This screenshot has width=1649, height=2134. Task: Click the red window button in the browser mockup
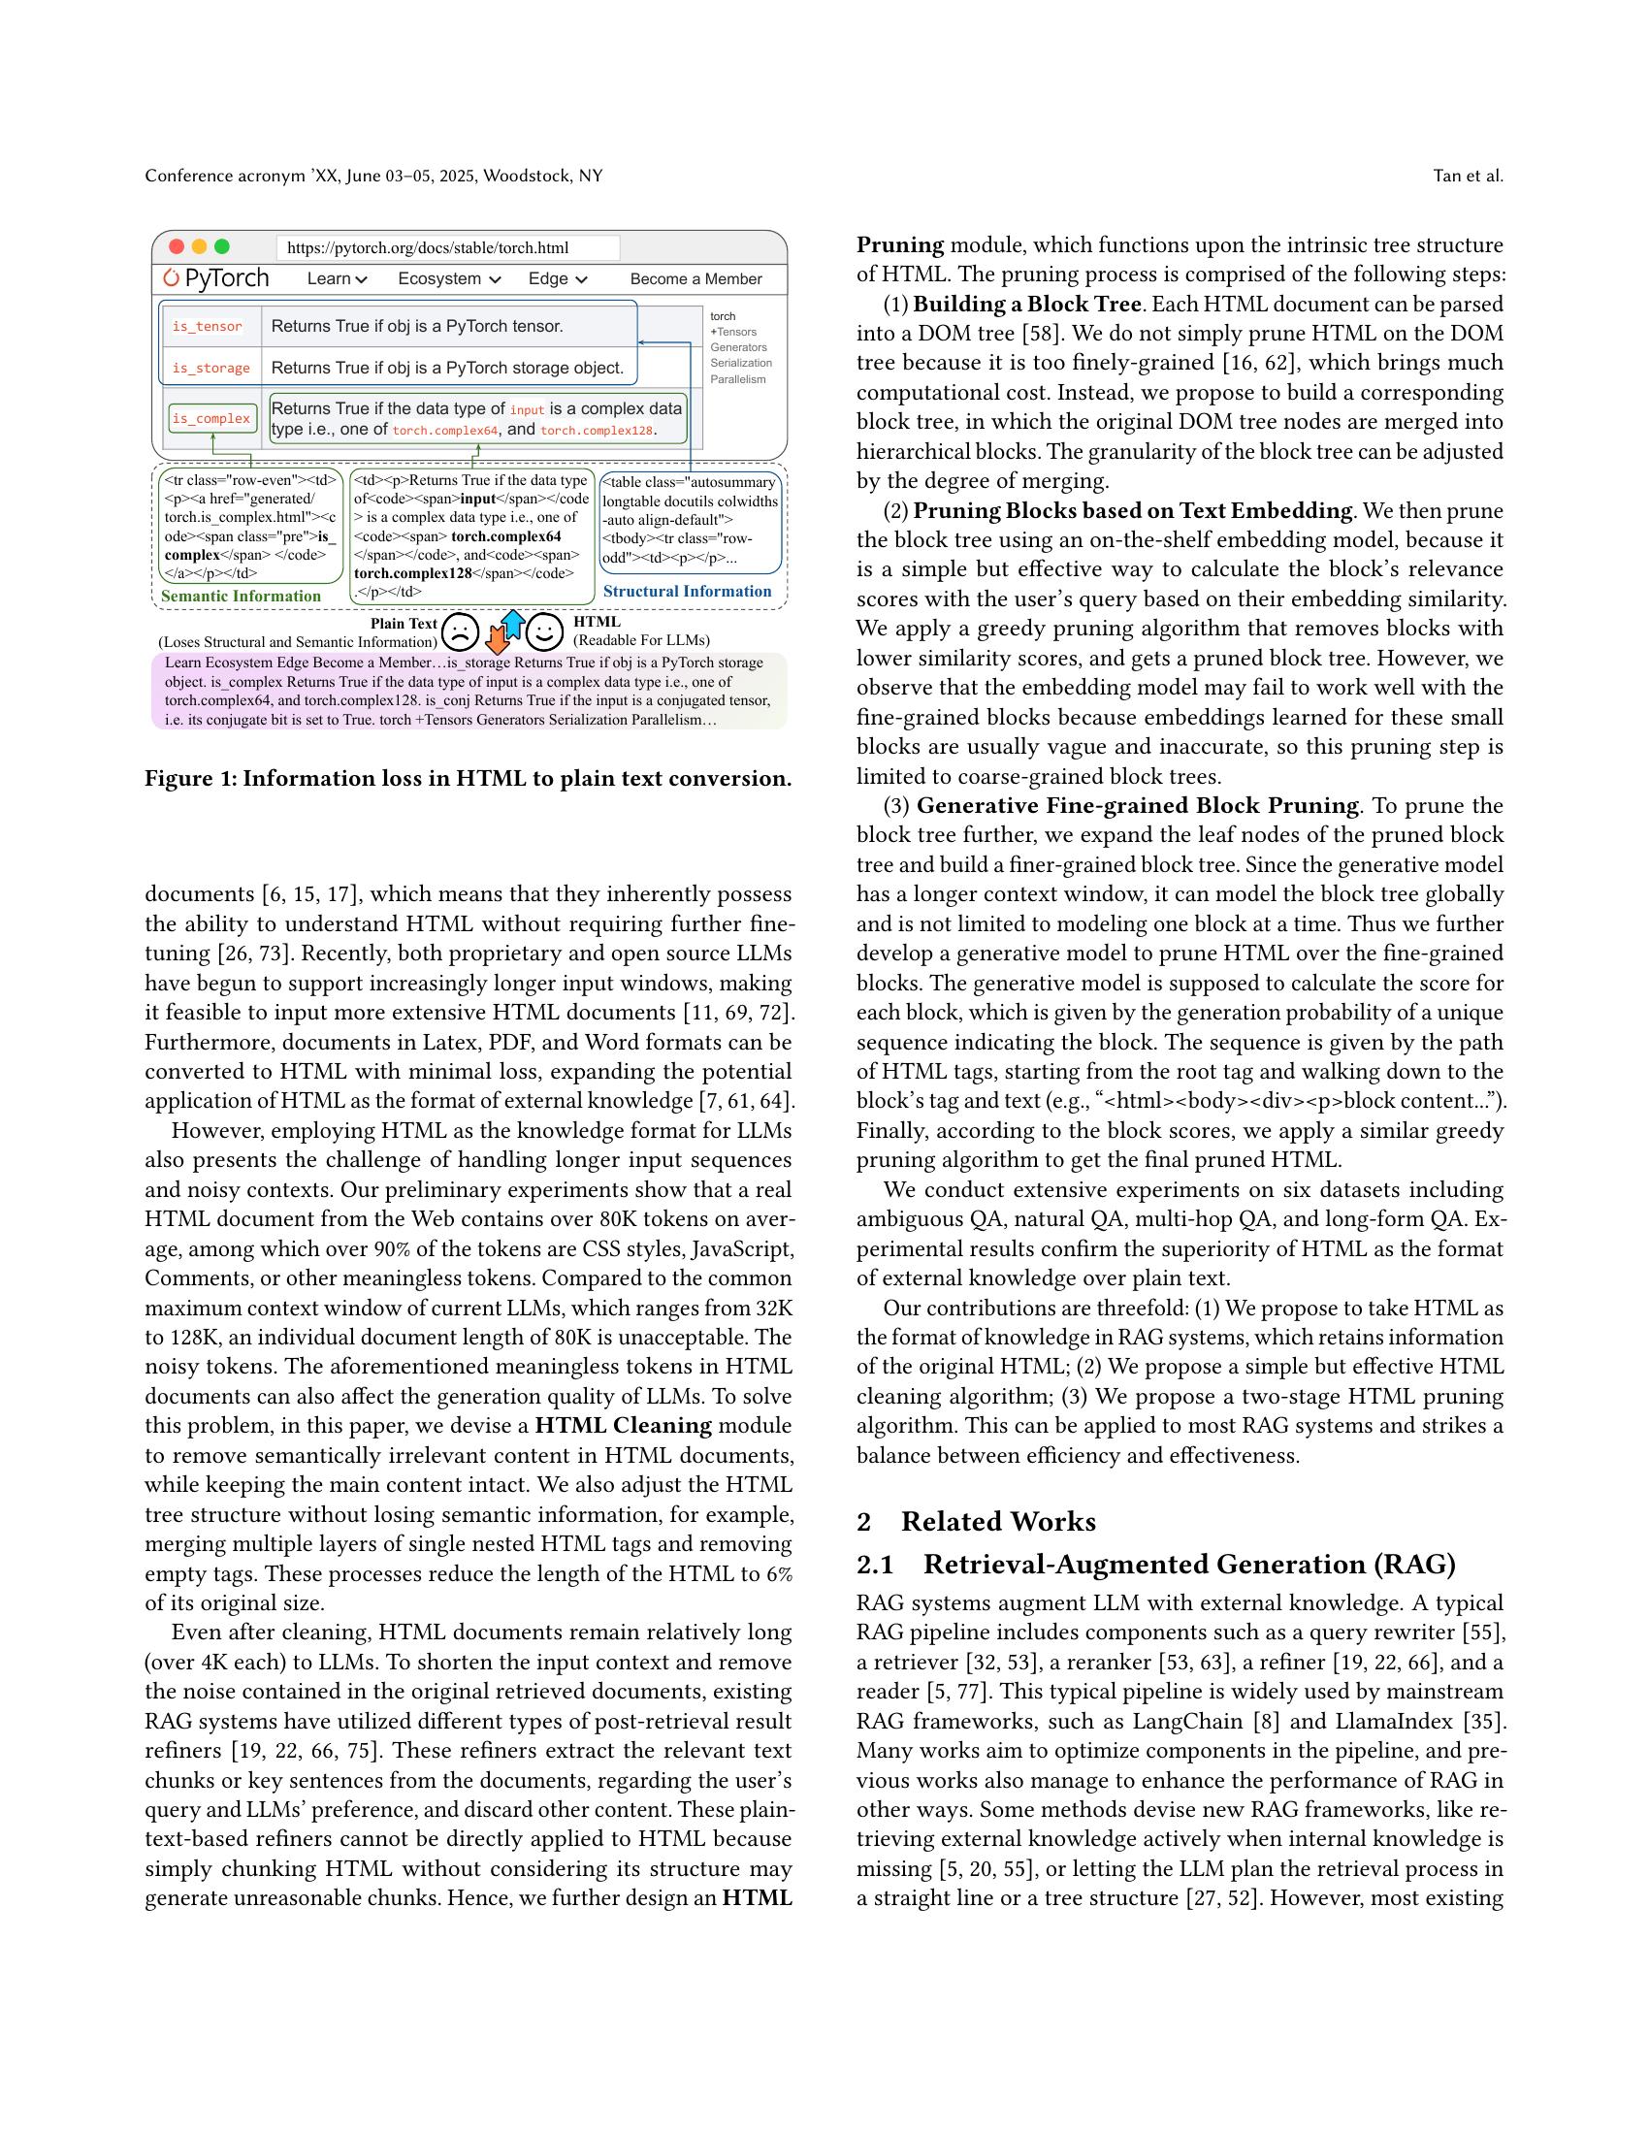point(177,247)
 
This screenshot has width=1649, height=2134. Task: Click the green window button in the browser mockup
point(222,247)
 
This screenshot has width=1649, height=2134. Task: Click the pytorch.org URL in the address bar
point(428,248)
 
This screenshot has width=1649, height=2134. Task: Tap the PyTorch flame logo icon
point(172,278)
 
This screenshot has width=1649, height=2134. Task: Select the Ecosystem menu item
point(448,278)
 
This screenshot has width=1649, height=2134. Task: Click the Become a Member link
point(695,278)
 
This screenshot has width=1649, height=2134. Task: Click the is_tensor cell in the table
point(208,326)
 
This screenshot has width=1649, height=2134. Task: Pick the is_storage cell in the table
point(211,369)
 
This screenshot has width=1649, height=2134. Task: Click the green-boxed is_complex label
point(212,418)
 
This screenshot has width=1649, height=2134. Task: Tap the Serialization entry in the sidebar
point(740,363)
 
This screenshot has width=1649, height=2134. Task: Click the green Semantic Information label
point(242,596)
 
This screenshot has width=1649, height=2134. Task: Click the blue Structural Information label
point(687,591)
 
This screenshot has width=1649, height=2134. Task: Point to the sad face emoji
point(460,632)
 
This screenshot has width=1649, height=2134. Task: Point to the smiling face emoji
point(544,632)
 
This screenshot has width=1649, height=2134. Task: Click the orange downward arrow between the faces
point(498,640)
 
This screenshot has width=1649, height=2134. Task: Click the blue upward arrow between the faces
point(513,624)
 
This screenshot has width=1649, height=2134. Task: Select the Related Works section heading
point(996,1521)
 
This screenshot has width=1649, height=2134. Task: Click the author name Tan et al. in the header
point(1468,176)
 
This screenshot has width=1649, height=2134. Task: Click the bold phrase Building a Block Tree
point(1026,304)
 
